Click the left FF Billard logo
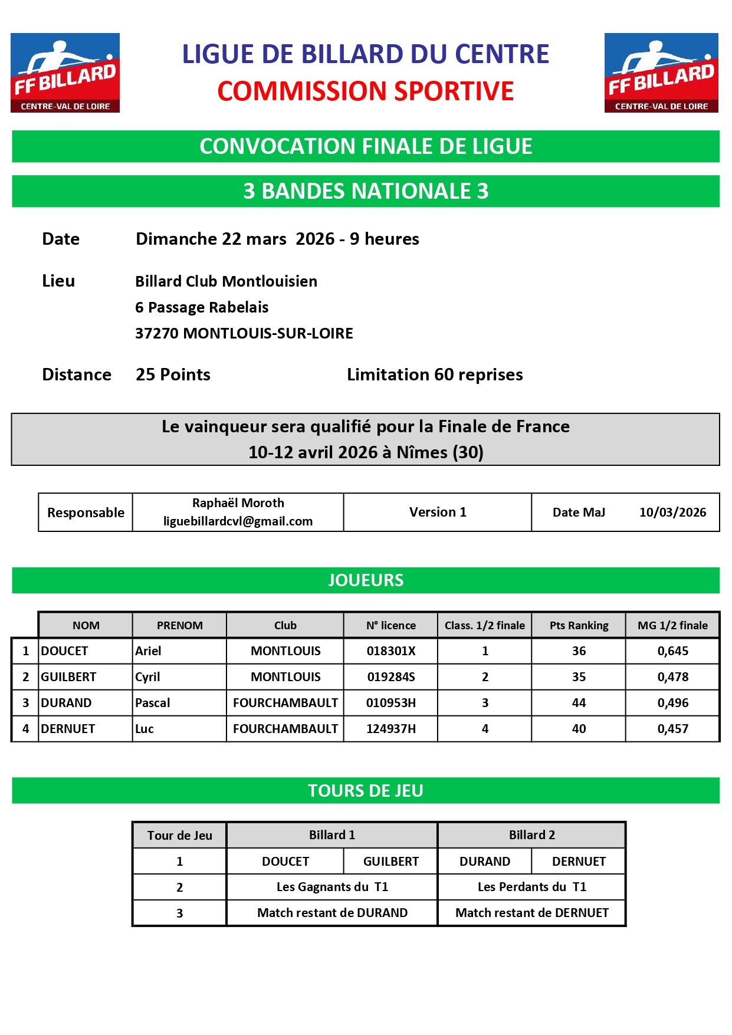tap(65, 73)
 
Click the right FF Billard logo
tap(661, 73)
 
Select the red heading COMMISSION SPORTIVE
tap(365, 91)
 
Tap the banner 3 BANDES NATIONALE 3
tap(366, 191)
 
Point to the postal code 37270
tap(157, 333)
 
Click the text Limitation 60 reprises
tap(435, 374)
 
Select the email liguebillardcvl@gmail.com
tap(238, 521)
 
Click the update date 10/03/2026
tap(672, 512)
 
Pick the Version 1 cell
tap(438, 512)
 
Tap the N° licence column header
tap(390, 625)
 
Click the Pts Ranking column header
tap(579, 625)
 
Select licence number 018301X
tap(390, 651)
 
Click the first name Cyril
tap(147, 677)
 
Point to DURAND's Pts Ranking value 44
tap(579, 703)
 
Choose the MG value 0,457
tap(672, 729)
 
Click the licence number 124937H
tap(390, 729)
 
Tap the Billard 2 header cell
tap(531, 835)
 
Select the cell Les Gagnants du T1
tap(332, 887)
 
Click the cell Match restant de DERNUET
tap(531, 913)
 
